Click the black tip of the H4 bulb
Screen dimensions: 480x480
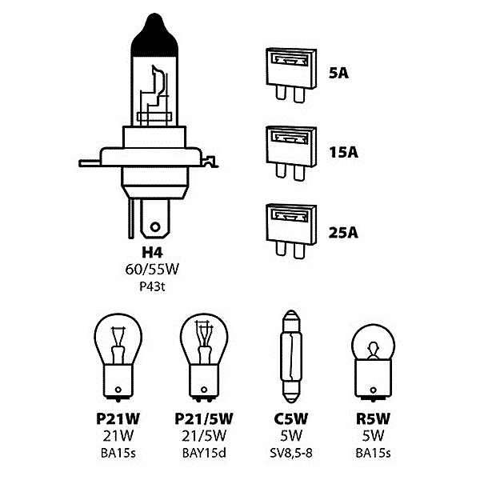coord(150,36)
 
